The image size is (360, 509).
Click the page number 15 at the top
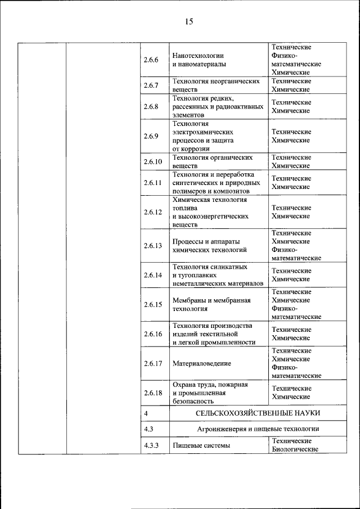coord(188,21)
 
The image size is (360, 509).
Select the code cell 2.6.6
coord(151,60)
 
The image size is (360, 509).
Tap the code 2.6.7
coord(151,85)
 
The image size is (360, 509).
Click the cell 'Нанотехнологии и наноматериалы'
coord(199,60)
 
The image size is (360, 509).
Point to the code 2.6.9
coord(151,136)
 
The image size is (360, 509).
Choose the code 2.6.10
coord(152,162)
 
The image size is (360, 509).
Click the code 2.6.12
coord(152,212)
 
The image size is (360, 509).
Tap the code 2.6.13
coord(152,245)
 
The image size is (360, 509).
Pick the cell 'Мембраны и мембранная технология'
coord(211,304)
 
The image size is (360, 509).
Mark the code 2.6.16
coord(152,334)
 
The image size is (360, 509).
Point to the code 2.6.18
coord(152,393)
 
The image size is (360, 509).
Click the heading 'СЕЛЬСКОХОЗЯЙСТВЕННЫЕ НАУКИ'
coord(258,413)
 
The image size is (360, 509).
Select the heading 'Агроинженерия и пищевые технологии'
coord(258,429)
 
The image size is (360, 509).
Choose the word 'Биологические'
coord(295,449)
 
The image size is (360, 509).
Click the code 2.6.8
coord(151,107)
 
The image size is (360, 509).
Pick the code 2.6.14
coord(152,275)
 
